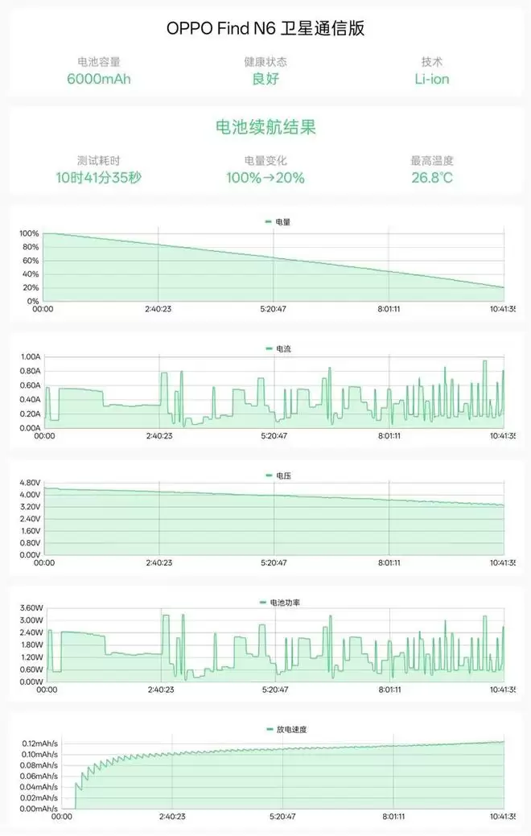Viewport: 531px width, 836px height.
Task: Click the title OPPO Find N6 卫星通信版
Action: pyautogui.click(x=265, y=27)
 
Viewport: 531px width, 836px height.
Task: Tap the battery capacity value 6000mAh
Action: pyautogui.click(x=99, y=79)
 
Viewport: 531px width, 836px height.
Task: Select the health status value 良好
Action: pyautogui.click(x=265, y=79)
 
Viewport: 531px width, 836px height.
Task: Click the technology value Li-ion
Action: pyautogui.click(x=432, y=79)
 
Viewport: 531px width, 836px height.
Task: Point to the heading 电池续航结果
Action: pyautogui.click(x=265, y=127)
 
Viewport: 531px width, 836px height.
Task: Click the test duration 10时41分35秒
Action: pyautogui.click(x=99, y=177)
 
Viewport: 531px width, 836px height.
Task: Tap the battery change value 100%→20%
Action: pyautogui.click(x=265, y=177)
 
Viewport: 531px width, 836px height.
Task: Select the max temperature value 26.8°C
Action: pyautogui.click(x=432, y=177)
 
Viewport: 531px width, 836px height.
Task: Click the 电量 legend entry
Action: pyautogui.click(x=278, y=221)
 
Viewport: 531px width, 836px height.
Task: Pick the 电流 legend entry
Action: pyautogui.click(x=278, y=349)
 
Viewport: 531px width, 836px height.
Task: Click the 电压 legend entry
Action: pyautogui.click(x=278, y=476)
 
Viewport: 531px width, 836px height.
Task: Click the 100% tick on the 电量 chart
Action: pyautogui.click(x=29, y=234)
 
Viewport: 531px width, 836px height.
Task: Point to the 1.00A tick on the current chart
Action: pyautogui.click(x=31, y=356)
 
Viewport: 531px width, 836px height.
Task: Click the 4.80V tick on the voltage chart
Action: pyautogui.click(x=31, y=483)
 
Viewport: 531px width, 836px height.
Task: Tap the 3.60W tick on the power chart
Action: pyautogui.click(x=31, y=608)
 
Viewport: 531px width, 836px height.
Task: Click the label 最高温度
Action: pyautogui.click(x=432, y=161)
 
